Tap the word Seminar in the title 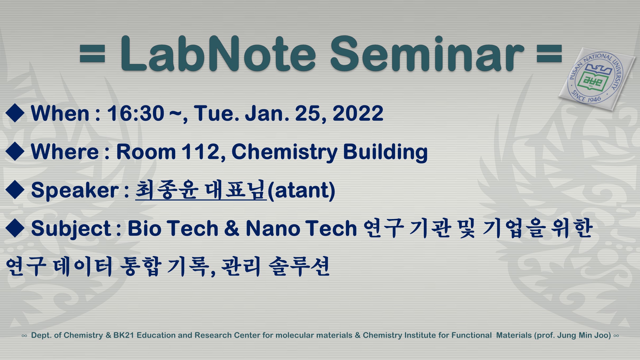[x=427, y=53]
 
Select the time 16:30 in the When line [x=135, y=113]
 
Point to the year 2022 [x=358, y=113]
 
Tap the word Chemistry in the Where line [x=284, y=152]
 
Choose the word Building [x=385, y=152]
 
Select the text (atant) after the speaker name [x=301, y=190]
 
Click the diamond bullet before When [x=15, y=113]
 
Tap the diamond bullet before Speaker [x=15, y=190]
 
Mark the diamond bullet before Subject [x=15, y=228]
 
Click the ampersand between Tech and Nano [x=232, y=228]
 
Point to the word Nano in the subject [x=273, y=228]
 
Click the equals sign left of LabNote [x=92, y=54]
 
